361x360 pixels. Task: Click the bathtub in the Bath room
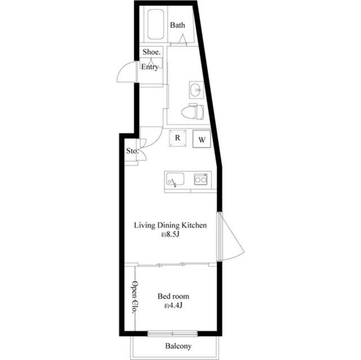156,24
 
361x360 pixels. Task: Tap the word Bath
177,25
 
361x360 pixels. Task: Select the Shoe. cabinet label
151,52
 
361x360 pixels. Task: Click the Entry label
149,67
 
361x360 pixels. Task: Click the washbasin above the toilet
196,90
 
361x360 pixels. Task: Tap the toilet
192,112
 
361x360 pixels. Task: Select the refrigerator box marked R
178,138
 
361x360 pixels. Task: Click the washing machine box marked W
202,139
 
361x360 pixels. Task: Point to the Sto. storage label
132,151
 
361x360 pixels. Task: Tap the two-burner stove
201,179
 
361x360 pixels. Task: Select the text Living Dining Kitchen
170,225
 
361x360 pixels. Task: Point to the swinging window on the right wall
230,237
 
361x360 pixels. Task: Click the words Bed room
173,296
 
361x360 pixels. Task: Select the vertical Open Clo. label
135,297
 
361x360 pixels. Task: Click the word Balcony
178,346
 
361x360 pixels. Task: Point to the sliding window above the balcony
173,334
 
